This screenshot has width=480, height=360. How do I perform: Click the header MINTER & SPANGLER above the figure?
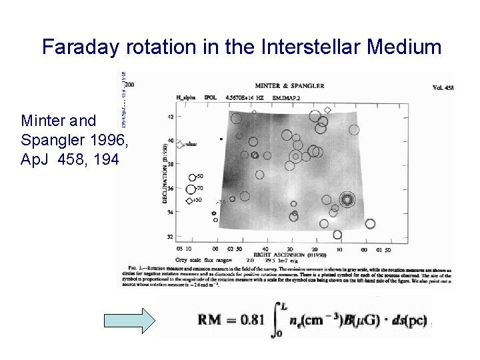click(290, 85)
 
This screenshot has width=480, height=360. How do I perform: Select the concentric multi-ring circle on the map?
click(346, 199)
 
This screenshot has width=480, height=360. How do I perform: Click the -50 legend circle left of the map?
click(192, 177)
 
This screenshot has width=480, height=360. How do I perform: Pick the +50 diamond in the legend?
click(189, 201)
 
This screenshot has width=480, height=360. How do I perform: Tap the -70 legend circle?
click(191, 189)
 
